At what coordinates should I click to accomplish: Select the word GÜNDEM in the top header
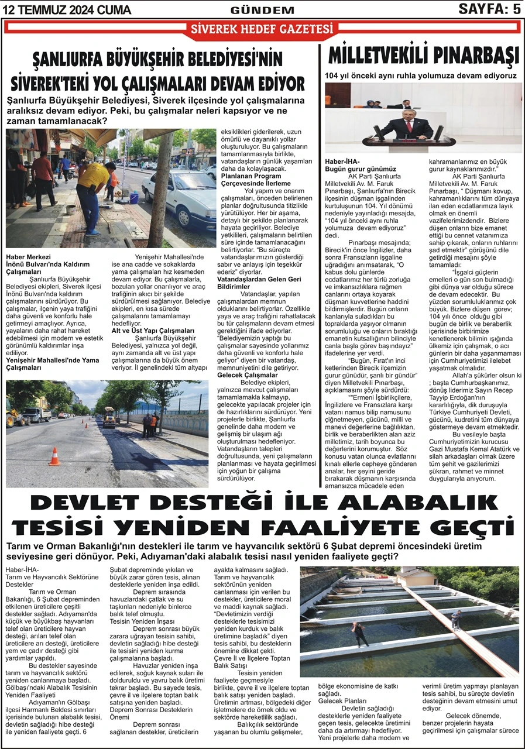point(262,9)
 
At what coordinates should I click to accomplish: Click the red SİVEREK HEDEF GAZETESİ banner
point(262,29)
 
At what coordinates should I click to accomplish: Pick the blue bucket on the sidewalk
point(134,198)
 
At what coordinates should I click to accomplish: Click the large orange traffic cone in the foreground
point(54,456)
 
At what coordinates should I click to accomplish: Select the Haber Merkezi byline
point(28,257)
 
